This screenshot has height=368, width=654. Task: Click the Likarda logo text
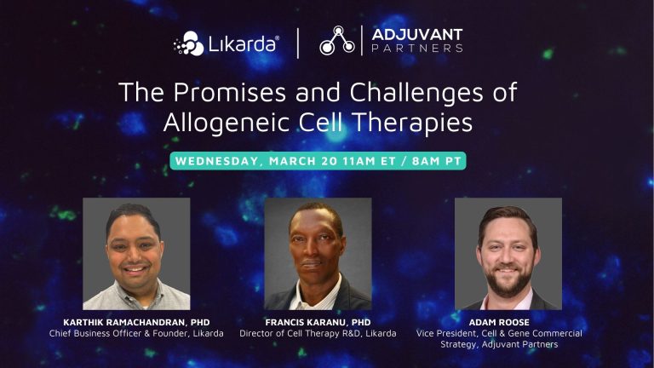pyautogui.click(x=244, y=43)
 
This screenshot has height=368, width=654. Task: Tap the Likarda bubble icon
pyautogui.click(x=189, y=43)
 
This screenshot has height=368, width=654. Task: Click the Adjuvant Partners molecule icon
pyautogui.click(x=337, y=42)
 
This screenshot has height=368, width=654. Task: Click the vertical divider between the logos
pyautogui.click(x=298, y=42)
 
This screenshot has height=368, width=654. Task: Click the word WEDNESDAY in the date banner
pyautogui.click(x=220, y=161)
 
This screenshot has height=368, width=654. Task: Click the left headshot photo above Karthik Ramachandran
pyautogui.click(x=136, y=253)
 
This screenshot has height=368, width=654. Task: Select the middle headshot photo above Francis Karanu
pyautogui.click(x=318, y=253)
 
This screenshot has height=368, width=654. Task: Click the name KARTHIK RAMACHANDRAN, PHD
pyautogui.click(x=136, y=321)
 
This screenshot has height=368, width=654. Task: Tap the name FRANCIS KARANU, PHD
pyautogui.click(x=318, y=321)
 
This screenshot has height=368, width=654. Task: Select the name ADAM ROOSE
pyautogui.click(x=499, y=321)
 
